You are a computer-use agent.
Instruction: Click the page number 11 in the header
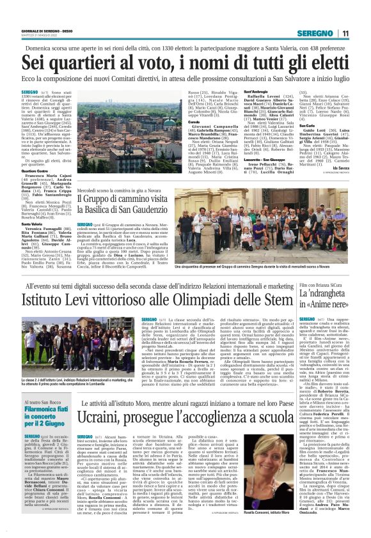coord(345,33)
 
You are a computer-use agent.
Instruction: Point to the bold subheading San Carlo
coord(308,125)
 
